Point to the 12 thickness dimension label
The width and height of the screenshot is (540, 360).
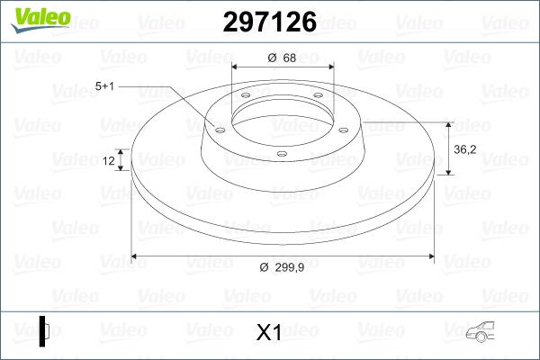pyautogui.click(x=110, y=161)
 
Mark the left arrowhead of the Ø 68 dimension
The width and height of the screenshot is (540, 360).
pyautogui.click(x=236, y=67)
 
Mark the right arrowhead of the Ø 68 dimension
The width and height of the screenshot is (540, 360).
pyautogui.click(x=330, y=67)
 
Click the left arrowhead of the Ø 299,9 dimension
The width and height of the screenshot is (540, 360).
pyautogui.click(x=135, y=256)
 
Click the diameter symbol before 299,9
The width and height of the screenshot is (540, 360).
pyautogui.click(x=264, y=267)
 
